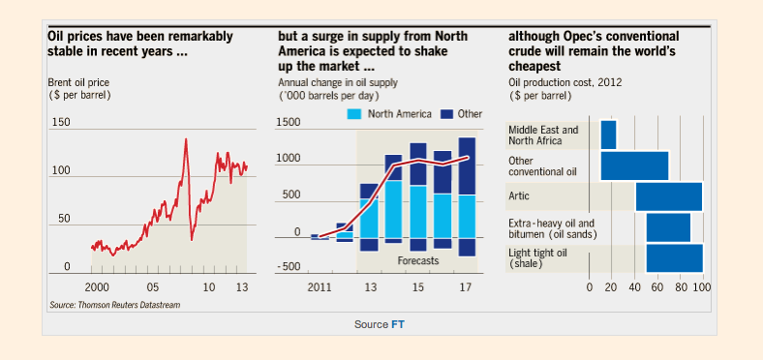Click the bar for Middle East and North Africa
click(608, 135)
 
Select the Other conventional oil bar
click(634, 165)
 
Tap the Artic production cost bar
click(669, 196)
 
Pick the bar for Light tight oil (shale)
click(675, 258)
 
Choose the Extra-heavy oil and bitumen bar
click(669, 227)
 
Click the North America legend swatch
click(354, 114)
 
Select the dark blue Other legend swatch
click(446, 114)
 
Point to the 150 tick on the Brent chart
click(61, 122)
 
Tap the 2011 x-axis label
click(320, 287)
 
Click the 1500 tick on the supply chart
click(288, 122)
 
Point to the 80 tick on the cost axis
click(681, 287)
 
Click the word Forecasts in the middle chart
click(418, 260)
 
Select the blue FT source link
click(398, 324)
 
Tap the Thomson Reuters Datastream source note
click(115, 306)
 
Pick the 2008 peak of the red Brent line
click(186, 139)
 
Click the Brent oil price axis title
click(79, 88)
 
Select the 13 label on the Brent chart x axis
click(243, 287)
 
